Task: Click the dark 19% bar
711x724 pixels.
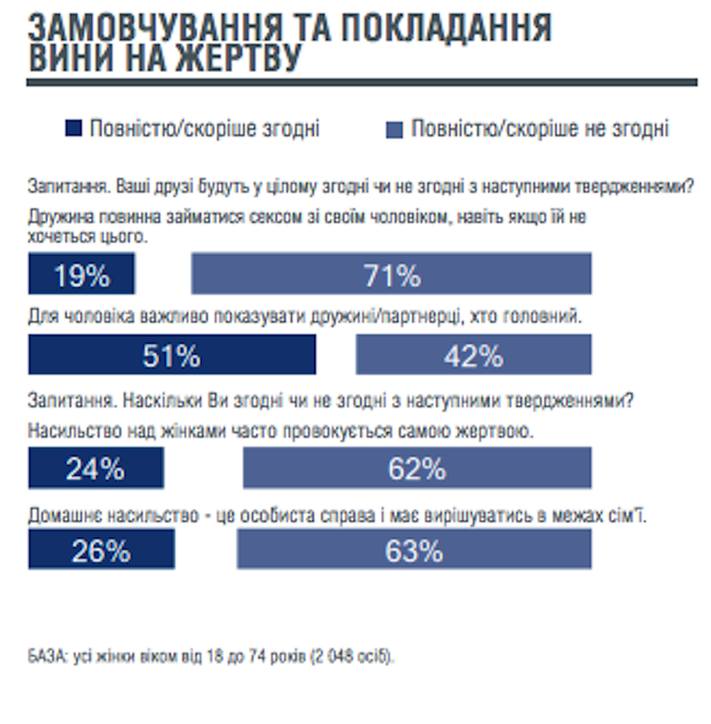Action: [x=82, y=275]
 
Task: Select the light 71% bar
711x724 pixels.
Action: [x=392, y=275]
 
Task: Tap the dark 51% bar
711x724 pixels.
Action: [x=172, y=355]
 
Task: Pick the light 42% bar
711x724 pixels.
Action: [x=473, y=355]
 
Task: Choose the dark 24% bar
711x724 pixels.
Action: [x=96, y=467]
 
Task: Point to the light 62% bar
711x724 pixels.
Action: [x=417, y=467]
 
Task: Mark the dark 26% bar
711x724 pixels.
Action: [x=101, y=550]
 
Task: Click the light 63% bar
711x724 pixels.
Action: [x=414, y=550]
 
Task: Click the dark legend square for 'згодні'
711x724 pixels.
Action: [x=72, y=129]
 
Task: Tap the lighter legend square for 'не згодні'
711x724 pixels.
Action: [x=393, y=129]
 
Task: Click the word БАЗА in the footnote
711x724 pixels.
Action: [x=46, y=655]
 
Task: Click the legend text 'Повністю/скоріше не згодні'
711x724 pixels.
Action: [x=540, y=129]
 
